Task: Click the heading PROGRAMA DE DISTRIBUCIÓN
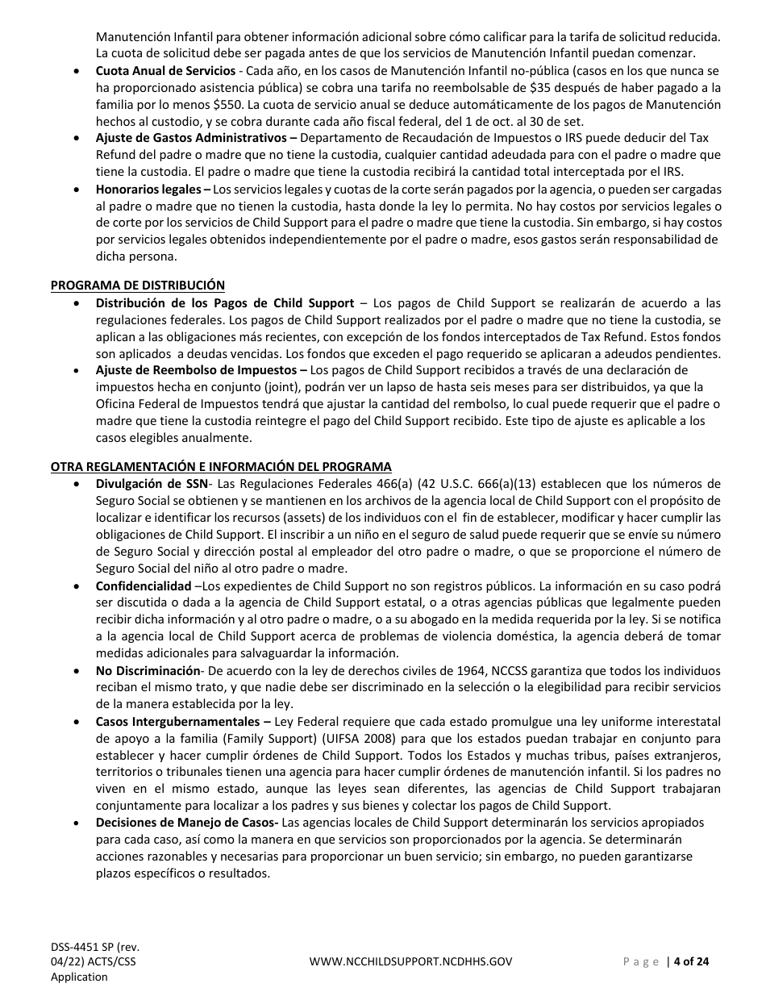click(138, 285)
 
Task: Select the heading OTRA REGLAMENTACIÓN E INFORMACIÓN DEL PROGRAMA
click(221, 466)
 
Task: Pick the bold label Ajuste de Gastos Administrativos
click(192, 138)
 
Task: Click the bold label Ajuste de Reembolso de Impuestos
click(198, 370)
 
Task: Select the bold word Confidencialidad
click(144, 586)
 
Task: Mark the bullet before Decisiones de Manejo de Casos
click(76, 823)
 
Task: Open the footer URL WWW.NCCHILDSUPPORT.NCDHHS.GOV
click(410, 961)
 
